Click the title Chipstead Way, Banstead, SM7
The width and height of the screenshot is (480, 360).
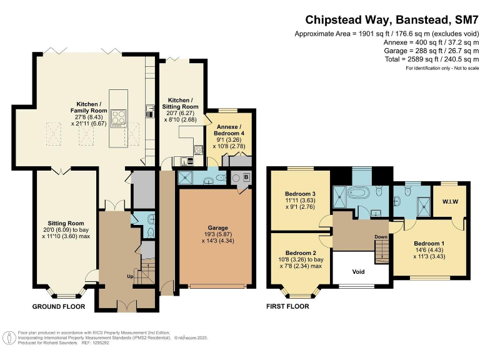click(391, 20)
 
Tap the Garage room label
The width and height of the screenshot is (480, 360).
click(218, 227)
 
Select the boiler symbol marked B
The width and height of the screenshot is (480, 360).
click(246, 177)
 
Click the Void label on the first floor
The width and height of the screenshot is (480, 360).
click(358, 271)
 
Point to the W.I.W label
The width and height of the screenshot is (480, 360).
click(450, 202)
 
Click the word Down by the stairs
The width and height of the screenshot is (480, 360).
click(381, 237)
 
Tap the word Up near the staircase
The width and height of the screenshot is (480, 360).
click(130, 277)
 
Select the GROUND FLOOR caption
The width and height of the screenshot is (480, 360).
click(59, 306)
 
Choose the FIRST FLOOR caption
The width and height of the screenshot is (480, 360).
click(287, 306)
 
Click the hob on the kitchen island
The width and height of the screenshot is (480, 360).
click(119, 119)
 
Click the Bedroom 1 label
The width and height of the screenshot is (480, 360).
click(429, 243)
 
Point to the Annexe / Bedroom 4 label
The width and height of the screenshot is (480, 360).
click(229, 130)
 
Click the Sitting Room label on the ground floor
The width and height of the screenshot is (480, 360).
click(66, 223)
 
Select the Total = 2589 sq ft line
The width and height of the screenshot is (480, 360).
click(432, 59)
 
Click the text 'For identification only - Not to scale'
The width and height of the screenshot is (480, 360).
click(442, 68)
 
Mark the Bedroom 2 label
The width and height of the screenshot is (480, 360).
click(301, 253)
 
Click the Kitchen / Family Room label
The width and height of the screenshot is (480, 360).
click(89, 107)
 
